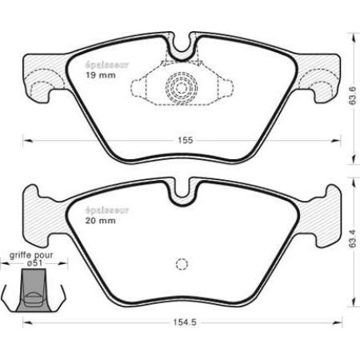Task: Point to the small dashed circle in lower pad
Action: tap(181, 265)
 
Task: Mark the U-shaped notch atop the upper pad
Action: tap(182, 47)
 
